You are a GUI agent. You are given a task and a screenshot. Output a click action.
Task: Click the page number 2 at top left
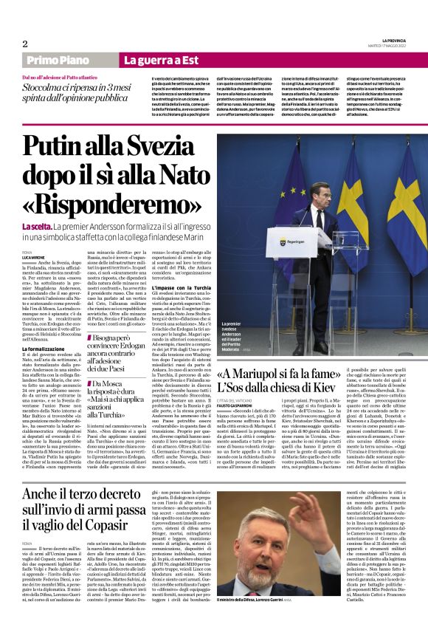pyautogui.click(x=25, y=44)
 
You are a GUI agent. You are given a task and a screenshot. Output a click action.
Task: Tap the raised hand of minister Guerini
pyautogui.click(x=313, y=507)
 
